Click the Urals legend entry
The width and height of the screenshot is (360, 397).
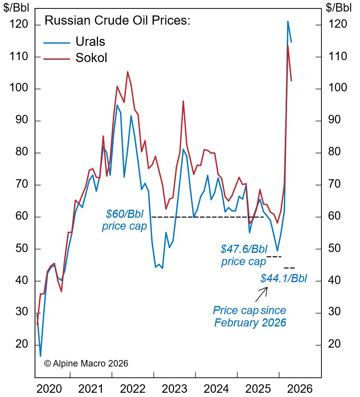tap(90, 41)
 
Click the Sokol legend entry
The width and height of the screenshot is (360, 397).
tap(91, 58)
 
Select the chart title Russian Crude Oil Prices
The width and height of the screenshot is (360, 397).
tap(118, 20)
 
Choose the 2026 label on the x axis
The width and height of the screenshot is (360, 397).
tap(300, 389)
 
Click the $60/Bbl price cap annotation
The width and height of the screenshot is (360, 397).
tap(124, 220)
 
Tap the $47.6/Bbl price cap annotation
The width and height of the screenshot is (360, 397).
tap(243, 256)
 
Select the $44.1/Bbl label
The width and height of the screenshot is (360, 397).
tap(284, 278)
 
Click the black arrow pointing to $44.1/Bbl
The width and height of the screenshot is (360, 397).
tap(261, 294)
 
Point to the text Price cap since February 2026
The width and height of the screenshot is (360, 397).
tap(250, 316)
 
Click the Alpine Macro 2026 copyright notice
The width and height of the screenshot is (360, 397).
tap(86, 363)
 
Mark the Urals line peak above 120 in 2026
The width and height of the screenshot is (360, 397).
tap(287, 22)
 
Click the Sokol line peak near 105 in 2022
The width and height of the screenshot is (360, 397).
tap(127, 72)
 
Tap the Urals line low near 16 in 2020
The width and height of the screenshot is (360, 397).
tap(41, 355)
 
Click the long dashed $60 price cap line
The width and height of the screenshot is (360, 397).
tap(208, 217)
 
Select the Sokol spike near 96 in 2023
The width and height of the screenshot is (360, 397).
tap(183, 101)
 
